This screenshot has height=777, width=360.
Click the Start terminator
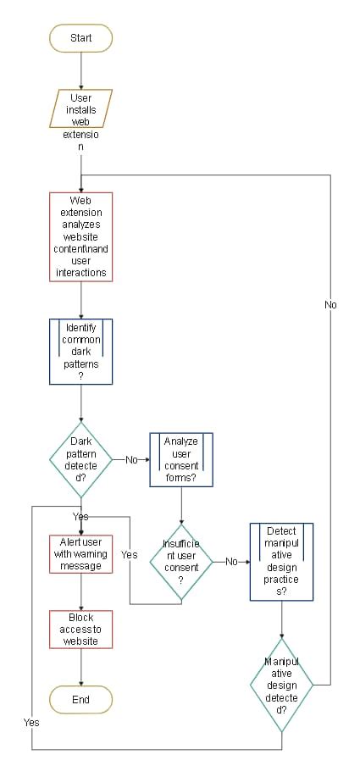coord(80,38)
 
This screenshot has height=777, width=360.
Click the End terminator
coord(80,700)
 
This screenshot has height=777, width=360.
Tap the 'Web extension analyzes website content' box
coord(80,236)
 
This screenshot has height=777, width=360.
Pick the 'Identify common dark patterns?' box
coord(80,352)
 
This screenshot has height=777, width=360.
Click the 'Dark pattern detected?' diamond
coord(80,459)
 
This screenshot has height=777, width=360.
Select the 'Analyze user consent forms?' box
coord(181,459)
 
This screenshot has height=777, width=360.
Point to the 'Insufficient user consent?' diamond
coord(181,561)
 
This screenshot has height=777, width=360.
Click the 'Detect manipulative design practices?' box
coord(281,561)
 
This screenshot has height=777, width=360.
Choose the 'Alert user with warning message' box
coord(80,553)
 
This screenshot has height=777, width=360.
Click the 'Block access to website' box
coord(80,630)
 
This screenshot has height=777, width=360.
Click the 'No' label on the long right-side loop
coord(330,304)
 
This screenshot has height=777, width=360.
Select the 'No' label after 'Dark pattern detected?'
coord(131,459)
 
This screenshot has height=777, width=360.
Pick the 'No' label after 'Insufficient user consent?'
coord(231,561)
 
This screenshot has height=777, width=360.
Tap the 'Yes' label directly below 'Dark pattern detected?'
coord(80,515)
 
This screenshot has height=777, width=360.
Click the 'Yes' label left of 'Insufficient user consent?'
coord(130,555)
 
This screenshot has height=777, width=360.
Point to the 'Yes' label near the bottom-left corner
coord(31,723)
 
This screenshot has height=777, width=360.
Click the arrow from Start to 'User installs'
coord(80,71)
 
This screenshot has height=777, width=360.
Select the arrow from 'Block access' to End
coord(80,668)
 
